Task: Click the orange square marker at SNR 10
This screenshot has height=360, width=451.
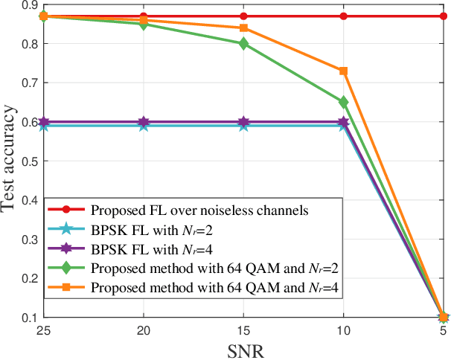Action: click(x=344, y=71)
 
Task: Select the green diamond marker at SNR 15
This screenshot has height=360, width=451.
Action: click(x=243, y=44)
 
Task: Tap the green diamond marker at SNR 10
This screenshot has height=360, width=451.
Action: click(x=344, y=102)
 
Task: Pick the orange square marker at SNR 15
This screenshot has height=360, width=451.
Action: click(x=243, y=28)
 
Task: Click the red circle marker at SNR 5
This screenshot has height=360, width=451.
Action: click(x=444, y=16)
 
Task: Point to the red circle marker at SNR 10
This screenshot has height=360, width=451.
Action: click(x=344, y=16)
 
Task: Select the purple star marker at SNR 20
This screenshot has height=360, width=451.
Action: click(x=144, y=122)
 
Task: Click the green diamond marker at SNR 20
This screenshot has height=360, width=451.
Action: click(x=144, y=24)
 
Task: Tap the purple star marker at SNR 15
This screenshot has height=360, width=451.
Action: click(x=243, y=122)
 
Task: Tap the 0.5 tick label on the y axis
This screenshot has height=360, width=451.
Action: click(x=28, y=161)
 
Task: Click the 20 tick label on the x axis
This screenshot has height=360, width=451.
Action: click(x=144, y=330)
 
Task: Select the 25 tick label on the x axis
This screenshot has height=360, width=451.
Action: click(x=44, y=330)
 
